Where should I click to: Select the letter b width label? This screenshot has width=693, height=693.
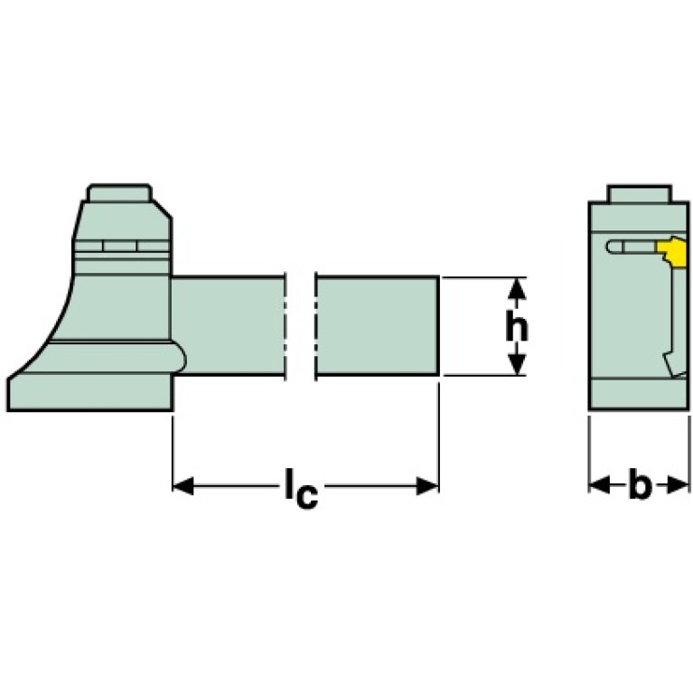click(x=640, y=486)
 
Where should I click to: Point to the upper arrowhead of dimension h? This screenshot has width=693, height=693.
click(x=516, y=287)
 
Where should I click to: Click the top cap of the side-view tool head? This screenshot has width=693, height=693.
click(x=118, y=193)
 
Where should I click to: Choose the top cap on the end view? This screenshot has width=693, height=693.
click(x=639, y=193)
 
